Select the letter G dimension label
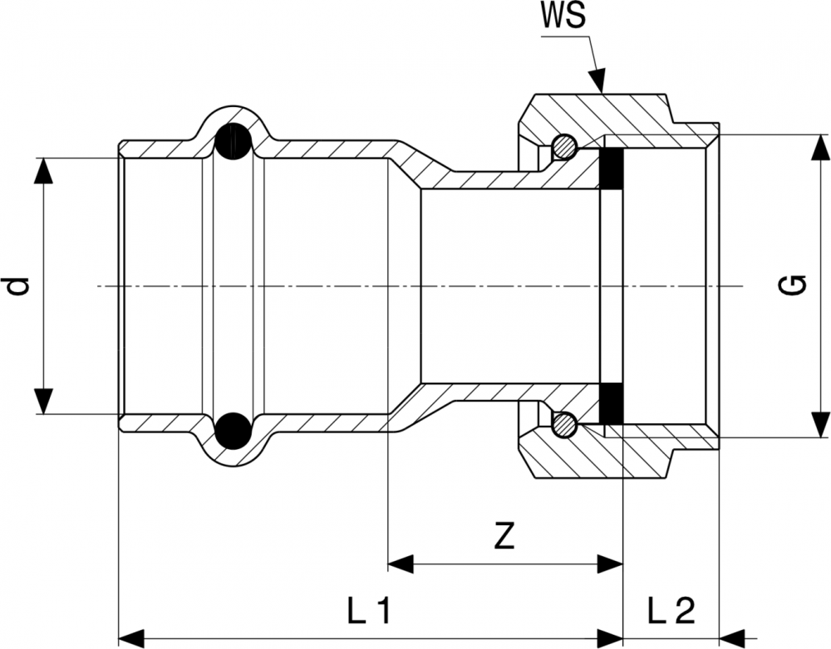coord(794,286)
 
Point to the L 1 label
coord(369,612)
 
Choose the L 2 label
coord(670,612)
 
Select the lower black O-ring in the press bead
coord(234,430)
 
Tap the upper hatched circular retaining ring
coord(565,147)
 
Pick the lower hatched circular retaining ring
coord(565,425)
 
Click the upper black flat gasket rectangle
coord(612,168)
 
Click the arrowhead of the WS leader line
coord(599,83)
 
